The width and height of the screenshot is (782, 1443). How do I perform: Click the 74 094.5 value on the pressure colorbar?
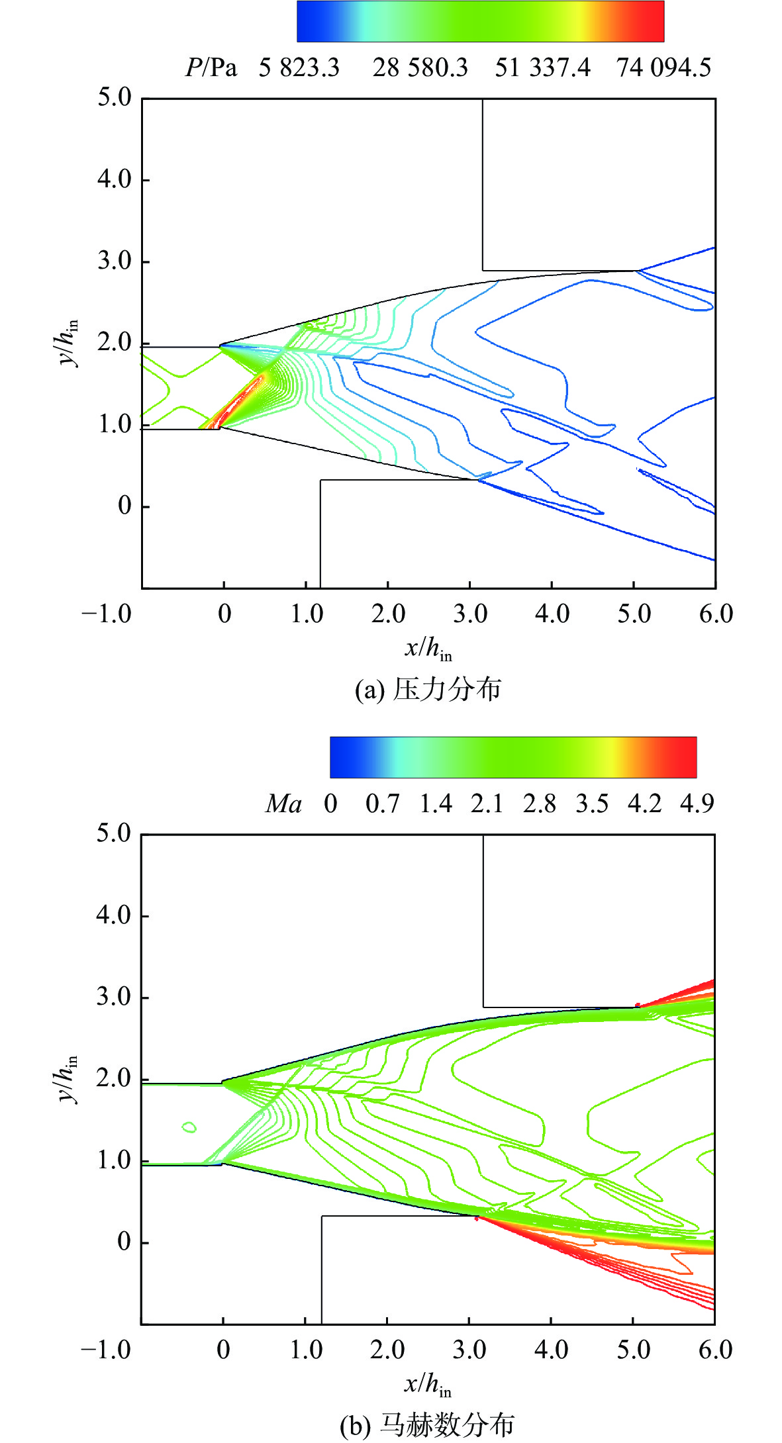(x=663, y=68)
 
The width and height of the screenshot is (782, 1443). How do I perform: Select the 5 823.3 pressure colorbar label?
(x=299, y=68)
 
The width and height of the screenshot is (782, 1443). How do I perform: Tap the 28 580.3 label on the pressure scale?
(x=420, y=68)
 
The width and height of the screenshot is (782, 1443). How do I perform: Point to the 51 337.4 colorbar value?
(x=542, y=68)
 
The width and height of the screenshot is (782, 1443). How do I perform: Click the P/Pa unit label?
(x=211, y=68)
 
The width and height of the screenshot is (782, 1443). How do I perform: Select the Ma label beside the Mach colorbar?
(x=283, y=804)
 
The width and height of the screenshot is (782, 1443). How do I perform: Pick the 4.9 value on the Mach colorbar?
(x=697, y=804)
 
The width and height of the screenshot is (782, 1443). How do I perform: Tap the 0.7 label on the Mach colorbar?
(x=382, y=804)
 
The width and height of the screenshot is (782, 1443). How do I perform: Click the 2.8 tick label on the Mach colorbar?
(x=539, y=804)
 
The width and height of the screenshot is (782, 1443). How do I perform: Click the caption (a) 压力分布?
(x=428, y=690)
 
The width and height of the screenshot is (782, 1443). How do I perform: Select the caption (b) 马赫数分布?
(x=426, y=1425)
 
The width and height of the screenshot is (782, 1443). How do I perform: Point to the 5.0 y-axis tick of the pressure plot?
(x=115, y=98)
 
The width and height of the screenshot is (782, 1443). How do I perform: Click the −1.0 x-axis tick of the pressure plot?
(x=106, y=614)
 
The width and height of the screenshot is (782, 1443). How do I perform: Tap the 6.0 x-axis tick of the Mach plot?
(x=715, y=1350)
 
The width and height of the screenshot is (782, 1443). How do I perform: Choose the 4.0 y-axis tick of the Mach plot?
(x=114, y=916)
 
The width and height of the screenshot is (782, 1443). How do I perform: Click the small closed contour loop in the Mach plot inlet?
(x=190, y=1127)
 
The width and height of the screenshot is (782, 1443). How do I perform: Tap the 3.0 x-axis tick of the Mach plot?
(x=469, y=1350)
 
